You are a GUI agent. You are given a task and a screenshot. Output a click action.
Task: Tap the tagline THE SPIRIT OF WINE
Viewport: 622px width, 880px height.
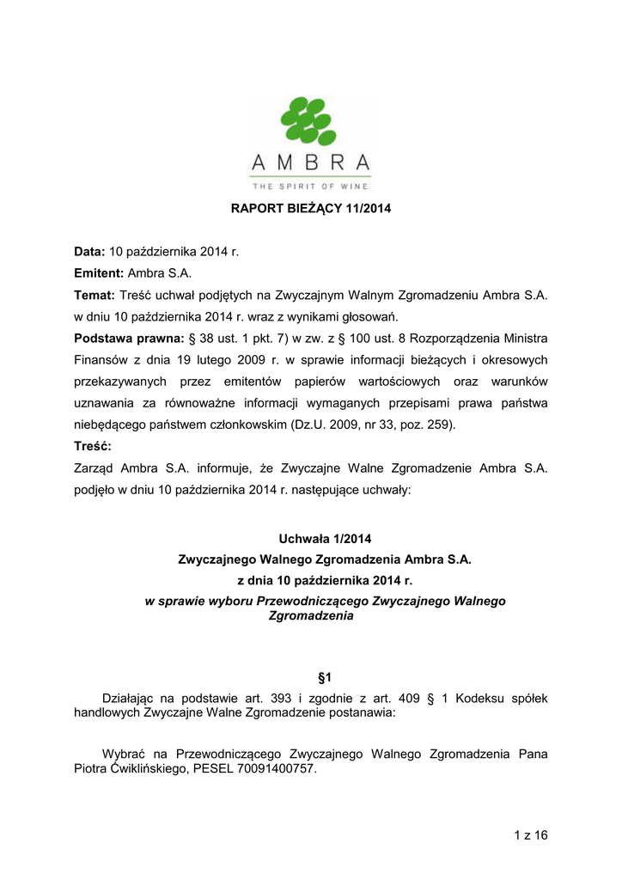click(x=311, y=186)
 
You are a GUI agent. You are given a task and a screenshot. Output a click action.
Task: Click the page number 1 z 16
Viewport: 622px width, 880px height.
click(x=530, y=835)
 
